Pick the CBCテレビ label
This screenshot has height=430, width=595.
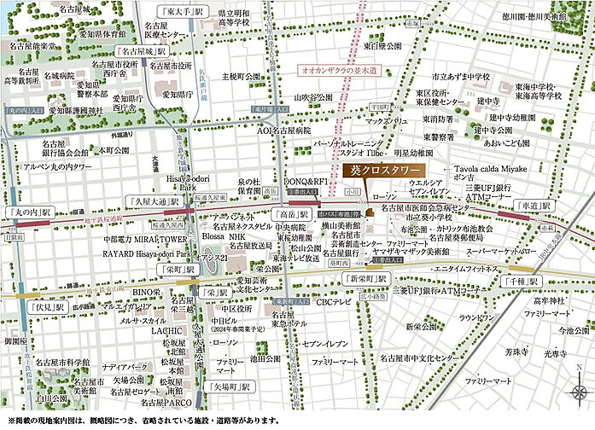click(334, 302)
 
